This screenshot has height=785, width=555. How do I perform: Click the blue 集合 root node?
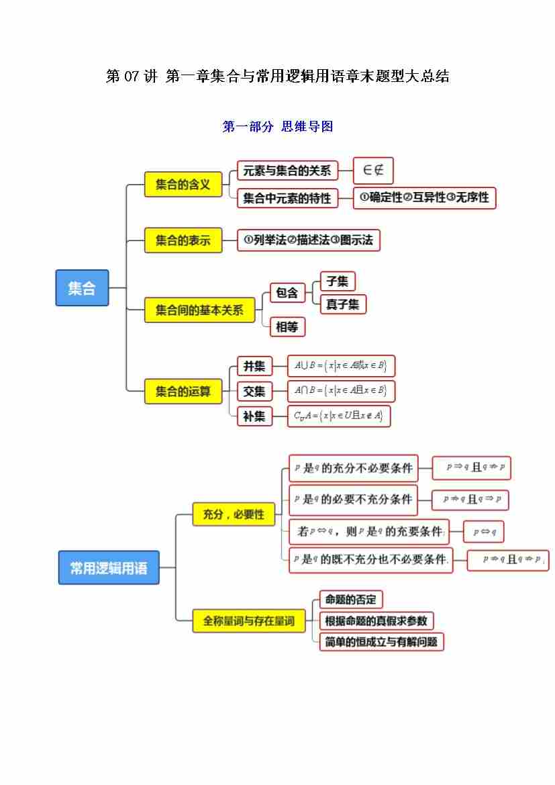tap(82, 288)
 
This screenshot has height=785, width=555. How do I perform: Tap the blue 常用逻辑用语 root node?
tap(109, 567)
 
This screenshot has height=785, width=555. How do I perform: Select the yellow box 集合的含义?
tap(183, 184)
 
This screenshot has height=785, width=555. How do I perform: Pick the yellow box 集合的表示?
tap(183, 240)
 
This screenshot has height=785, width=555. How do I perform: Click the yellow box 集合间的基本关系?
tap(199, 310)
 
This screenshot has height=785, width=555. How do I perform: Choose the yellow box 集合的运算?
tap(183, 391)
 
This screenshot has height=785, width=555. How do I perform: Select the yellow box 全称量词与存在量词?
tap(249, 621)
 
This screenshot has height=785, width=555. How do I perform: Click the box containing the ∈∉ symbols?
tap(373, 171)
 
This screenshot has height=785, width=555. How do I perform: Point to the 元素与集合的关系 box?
tap(287, 171)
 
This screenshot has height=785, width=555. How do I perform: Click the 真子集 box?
tap(343, 304)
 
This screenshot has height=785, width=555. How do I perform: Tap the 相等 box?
tap(287, 327)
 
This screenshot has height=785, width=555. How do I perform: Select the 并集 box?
tap(254, 367)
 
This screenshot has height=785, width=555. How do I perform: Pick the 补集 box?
tap(254, 416)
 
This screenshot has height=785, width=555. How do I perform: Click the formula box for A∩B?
tap(341, 391)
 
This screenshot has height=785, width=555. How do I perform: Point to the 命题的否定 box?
tap(350, 599)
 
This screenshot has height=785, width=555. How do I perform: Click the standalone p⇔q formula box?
tap(483, 532)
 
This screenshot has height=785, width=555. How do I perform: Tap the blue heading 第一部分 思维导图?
tap(277, 126)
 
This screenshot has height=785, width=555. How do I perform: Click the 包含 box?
tap(287, 292)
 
